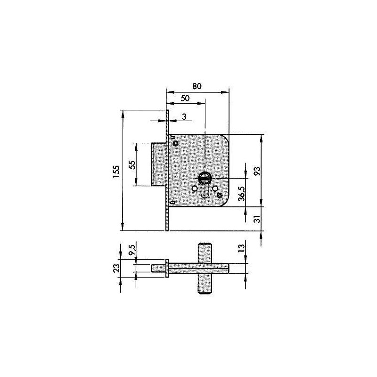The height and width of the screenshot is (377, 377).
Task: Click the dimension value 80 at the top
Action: (197, 86)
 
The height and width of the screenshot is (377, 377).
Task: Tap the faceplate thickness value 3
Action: (184, 116)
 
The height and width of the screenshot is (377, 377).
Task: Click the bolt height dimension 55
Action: (132, 165)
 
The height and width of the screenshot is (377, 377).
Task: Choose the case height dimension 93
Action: (257, 170)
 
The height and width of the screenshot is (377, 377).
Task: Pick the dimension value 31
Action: (257, 219)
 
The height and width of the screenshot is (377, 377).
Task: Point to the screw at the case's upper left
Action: (175, 143)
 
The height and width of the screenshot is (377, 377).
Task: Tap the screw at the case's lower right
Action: (220, 196)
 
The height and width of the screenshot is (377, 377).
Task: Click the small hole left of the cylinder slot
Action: (194, 189)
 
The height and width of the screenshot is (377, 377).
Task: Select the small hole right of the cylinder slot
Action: (215, 188)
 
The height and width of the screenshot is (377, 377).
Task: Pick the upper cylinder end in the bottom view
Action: (204, 248)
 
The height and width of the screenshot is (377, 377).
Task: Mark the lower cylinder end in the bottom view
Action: (204, 291)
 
